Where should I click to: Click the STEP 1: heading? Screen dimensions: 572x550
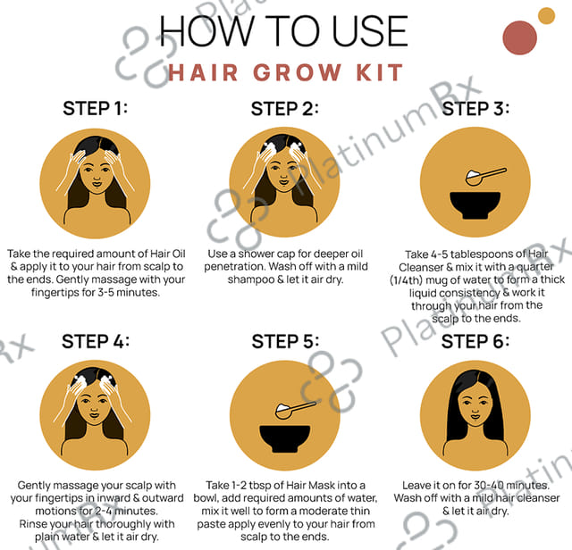point(96,109)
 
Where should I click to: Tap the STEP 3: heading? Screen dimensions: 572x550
point(475,109)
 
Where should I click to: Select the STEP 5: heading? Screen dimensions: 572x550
point(285,342)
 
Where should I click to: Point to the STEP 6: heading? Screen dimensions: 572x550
point(475,342)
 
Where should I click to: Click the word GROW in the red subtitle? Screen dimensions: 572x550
point(298,72)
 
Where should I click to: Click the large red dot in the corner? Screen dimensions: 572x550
point(519,37)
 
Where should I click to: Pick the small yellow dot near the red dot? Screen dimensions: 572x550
point(546,16)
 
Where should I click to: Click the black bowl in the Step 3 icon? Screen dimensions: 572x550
point(475,205)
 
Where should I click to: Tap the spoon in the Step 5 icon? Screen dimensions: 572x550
point(295,409)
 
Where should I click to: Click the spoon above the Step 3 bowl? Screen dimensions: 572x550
point(486,176)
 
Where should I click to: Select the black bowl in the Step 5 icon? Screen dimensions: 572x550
point(285,438)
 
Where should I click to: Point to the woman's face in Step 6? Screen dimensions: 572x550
point(475,405)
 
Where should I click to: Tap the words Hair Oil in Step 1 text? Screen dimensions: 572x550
point(168,254)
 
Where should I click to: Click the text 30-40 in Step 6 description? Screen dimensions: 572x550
point(488,486)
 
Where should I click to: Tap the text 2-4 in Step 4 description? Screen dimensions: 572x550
point(104,511)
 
